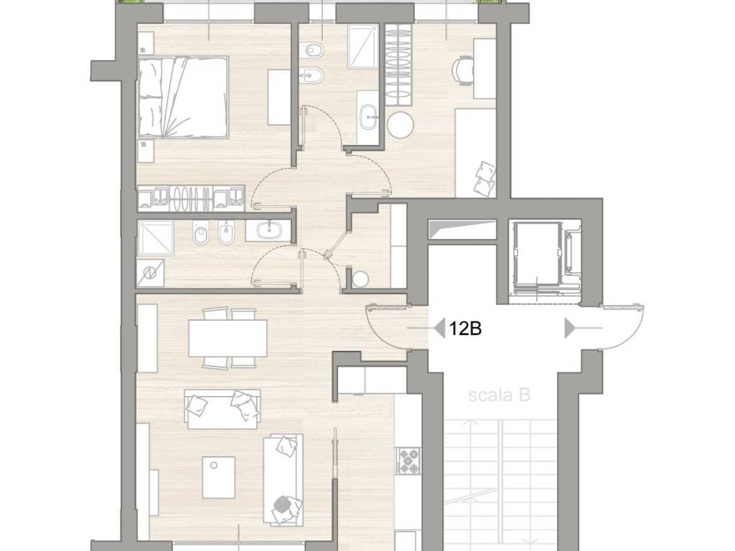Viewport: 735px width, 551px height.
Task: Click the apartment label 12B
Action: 465,329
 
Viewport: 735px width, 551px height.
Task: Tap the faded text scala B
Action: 499,395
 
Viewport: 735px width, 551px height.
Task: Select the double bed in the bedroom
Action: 183,97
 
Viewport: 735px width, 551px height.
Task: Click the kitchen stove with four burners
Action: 408,461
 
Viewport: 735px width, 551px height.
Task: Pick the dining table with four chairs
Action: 228,338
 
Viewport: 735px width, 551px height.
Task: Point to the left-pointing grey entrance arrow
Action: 439,329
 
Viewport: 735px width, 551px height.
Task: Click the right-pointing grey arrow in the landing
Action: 570,328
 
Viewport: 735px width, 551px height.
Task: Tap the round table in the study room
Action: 401,124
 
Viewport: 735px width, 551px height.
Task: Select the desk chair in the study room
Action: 464,71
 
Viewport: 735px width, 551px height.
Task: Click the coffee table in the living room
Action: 219,477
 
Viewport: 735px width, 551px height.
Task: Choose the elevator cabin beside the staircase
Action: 535,258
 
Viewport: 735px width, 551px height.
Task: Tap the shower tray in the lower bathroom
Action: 156,238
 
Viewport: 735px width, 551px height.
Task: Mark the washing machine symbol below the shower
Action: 151,272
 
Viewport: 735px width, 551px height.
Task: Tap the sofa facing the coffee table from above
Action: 223,408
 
